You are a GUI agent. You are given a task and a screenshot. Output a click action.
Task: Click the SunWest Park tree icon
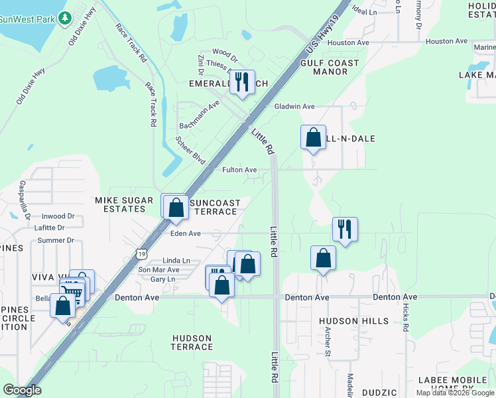tap(64, 18)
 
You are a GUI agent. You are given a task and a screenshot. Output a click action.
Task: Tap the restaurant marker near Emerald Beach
tap(241, 82)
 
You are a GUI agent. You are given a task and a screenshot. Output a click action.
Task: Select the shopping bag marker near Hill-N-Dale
tap(313, 137)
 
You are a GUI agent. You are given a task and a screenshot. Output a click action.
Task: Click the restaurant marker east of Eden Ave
tap(344, 230)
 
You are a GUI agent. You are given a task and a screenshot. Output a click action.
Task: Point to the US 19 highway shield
tap(140, 253)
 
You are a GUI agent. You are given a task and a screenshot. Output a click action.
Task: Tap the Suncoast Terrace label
tap(214, 206)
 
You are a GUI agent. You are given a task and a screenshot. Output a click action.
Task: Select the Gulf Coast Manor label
tap(330, 67)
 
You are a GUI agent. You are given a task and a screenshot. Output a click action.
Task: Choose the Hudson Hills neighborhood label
tap(353, 321)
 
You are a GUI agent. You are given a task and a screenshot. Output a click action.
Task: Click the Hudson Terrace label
tap(192, 342)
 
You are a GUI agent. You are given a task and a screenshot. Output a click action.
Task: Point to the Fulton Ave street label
tap(239, 170)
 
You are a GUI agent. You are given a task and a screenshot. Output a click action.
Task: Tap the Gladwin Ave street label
tap(294, 106)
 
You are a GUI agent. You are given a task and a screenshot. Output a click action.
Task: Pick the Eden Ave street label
tap(185, 233)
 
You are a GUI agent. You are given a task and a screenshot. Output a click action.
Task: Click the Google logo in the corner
tap(23, 390)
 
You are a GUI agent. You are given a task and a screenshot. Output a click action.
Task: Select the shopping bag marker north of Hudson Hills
tap(322, 259)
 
